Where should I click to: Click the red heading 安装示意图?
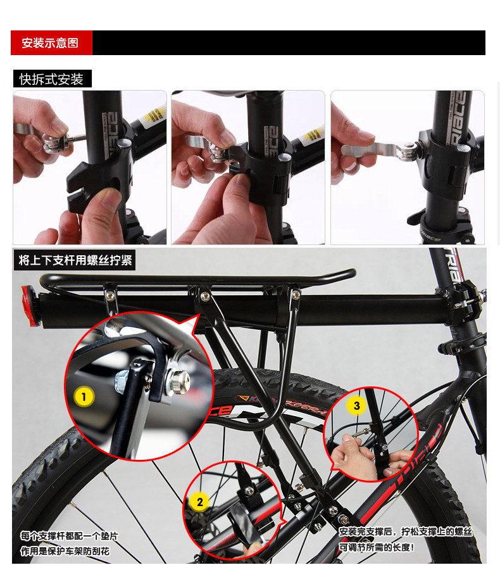coord(51,43)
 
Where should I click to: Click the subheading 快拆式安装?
coord(52,79)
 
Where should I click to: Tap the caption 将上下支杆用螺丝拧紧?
coord(75,260)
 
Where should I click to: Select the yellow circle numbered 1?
coord(84,397)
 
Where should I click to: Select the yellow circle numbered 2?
coord(199,502)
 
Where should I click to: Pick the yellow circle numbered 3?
coord(356,406)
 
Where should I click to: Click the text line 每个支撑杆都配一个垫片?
coord(69,536)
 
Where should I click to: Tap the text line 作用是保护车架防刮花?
coord(65,551)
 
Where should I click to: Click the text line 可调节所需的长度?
coord(376,547)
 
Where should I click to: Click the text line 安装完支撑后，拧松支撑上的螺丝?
coord(405,532)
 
